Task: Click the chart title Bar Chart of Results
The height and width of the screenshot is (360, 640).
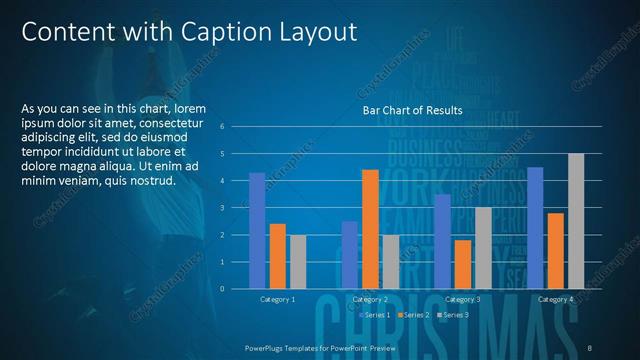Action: click(412, 111)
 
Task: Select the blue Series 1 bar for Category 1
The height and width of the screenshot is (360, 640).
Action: click(257, 230)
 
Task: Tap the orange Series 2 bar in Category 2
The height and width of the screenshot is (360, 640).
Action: click(370, 228)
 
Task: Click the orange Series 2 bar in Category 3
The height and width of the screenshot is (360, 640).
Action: click(463, 263)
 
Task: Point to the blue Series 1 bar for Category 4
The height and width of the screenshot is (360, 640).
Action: click(535, 227)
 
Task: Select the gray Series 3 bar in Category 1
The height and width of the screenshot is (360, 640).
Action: click(298, 261)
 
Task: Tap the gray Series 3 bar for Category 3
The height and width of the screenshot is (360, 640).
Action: click(483, 247)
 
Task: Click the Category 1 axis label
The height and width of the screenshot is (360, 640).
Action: click(277, 299)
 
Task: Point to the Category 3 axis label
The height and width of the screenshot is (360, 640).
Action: click(462, 299)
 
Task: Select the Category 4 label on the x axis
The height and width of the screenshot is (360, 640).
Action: click(555, 299)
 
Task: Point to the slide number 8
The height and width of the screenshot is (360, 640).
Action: click(590, 346)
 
